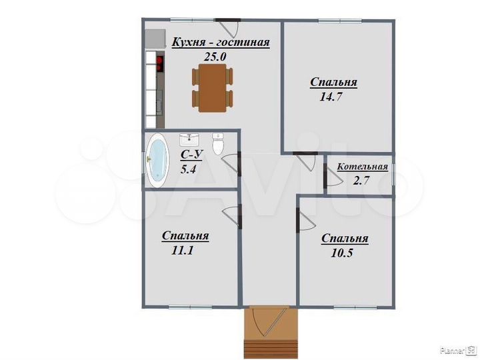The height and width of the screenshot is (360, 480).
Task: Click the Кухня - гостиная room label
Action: (221, 43)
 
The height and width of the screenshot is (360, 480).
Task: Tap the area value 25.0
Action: (215, 57)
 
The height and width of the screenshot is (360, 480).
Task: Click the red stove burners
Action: (160, 64)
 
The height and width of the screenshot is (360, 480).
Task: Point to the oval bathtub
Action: (158, 160)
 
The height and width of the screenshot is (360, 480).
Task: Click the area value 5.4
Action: (189, 169)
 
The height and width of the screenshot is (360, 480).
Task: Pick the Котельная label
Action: (362, 167)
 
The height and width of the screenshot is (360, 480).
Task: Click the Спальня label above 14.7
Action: (333, 83)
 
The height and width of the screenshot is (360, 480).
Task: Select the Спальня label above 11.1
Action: (185, 236)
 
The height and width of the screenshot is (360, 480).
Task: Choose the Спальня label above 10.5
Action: (345, 239)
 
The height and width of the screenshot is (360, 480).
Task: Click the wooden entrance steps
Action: (269, 347)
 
